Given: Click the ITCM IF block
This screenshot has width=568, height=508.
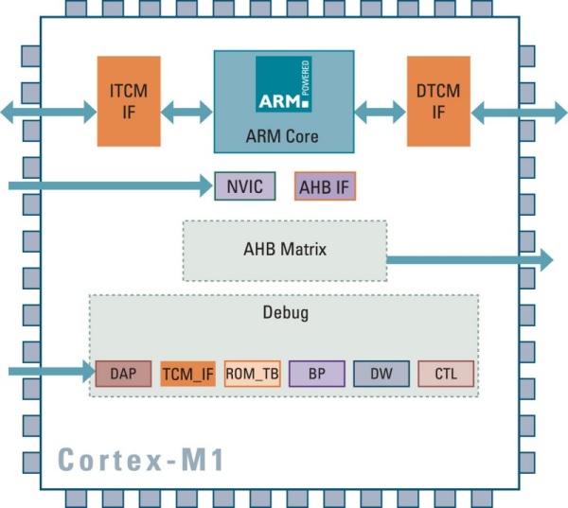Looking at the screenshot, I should [129, 100].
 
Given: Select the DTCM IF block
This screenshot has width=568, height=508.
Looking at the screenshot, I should [438, 100].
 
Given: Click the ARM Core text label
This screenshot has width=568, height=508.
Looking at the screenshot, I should [282, 136].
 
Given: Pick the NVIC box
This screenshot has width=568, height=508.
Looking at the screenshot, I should [245, 186].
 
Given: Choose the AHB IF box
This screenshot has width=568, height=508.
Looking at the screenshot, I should [325, 186].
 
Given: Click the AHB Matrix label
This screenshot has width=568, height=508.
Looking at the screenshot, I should [285, 250].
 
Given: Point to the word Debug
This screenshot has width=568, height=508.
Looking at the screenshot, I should [285, 311].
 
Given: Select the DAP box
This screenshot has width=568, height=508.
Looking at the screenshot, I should [123, 374].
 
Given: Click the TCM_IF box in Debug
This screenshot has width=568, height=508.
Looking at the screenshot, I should [187, 374].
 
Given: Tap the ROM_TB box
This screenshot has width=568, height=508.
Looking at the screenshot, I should [252, 374].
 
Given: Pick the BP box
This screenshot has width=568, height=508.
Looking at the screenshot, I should [316, 374].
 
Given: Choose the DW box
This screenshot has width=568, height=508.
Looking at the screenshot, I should [382, 374].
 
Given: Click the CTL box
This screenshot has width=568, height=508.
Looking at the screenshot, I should [446, 374].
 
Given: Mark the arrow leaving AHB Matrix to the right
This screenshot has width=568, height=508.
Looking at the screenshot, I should [469, 258].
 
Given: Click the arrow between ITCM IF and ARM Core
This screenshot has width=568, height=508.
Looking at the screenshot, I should [186, 113].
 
